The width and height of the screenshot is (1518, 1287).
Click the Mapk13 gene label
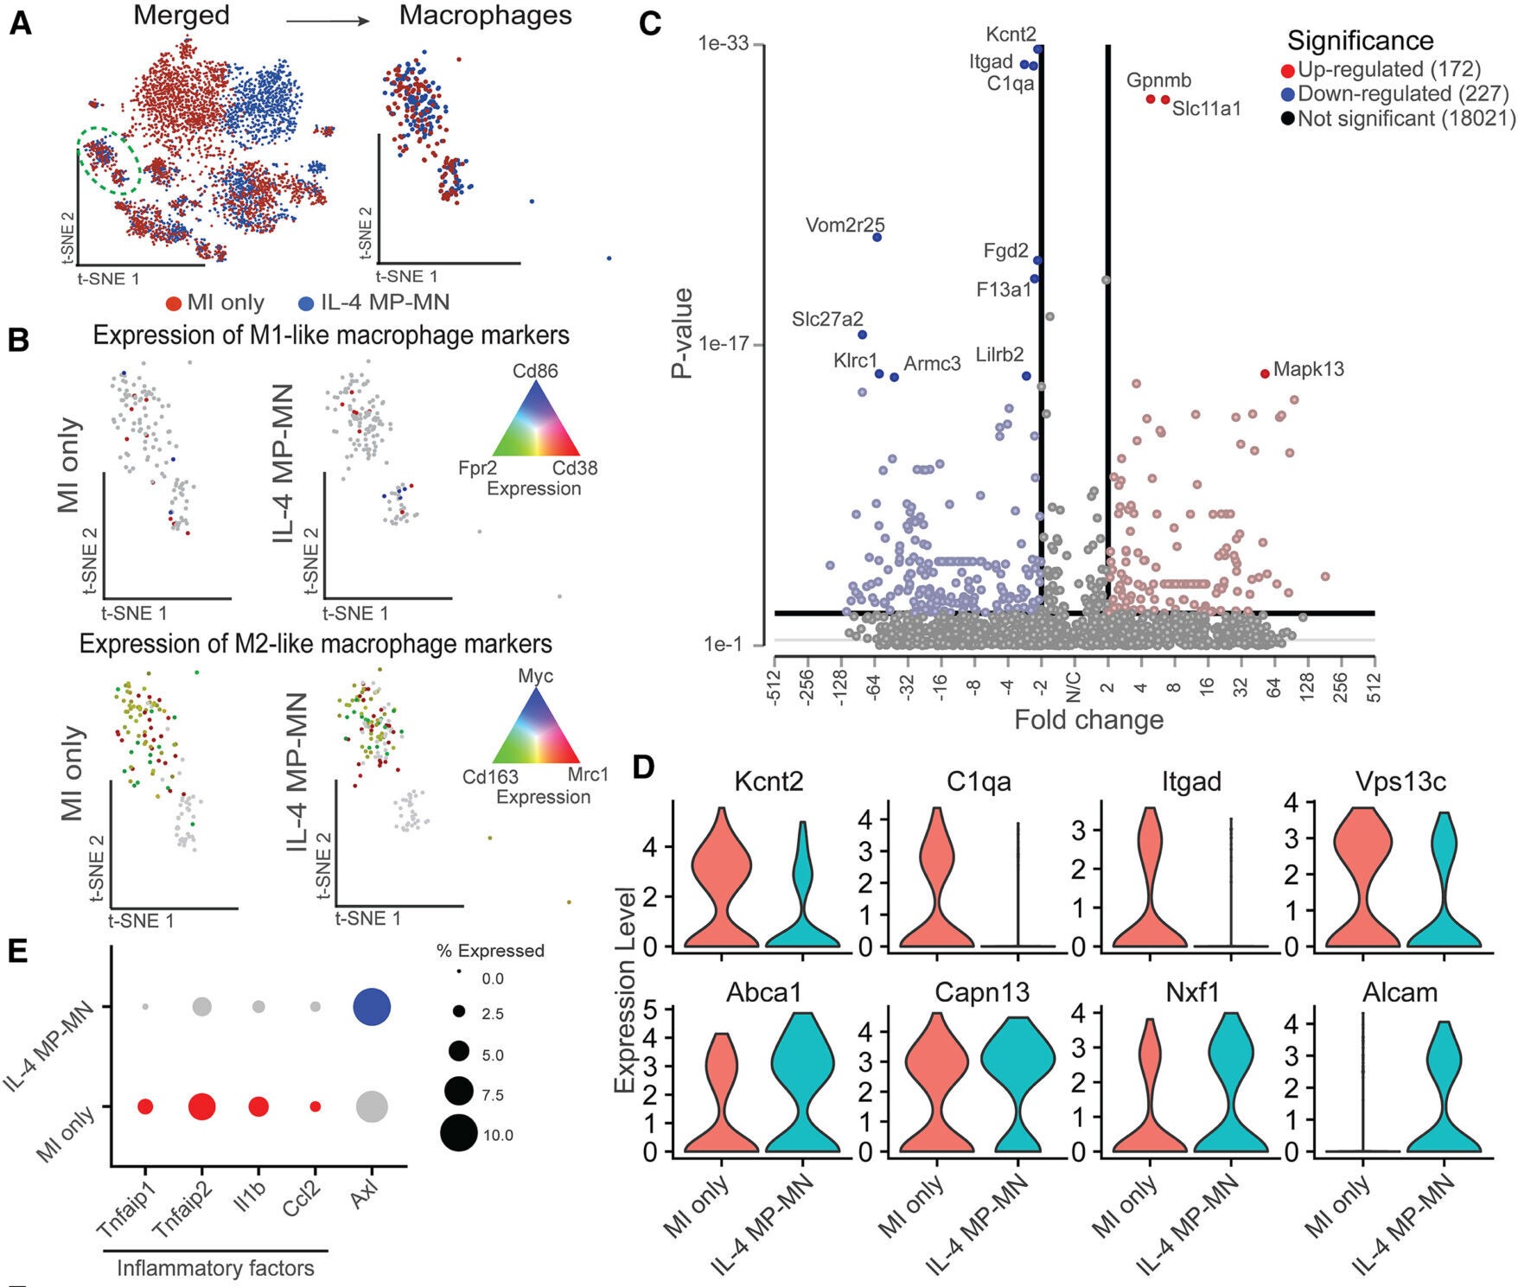point(1309,369)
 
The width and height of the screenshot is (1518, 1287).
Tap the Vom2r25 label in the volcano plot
point(845,226)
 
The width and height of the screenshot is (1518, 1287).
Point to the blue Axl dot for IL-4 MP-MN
point(372,1007)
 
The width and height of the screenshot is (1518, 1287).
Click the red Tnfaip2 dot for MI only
point(202,1106)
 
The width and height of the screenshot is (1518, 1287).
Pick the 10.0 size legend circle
point(458,1134)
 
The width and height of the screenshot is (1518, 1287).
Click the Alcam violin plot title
point(1400,992)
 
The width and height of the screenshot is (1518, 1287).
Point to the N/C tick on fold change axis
point(1074,687)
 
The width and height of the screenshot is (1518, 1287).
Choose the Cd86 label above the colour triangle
point(535,371)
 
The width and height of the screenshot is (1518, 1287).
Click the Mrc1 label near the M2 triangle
point(588,774)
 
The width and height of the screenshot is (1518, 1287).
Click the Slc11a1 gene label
point(1207,109)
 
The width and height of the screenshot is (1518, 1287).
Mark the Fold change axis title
point(1088,719)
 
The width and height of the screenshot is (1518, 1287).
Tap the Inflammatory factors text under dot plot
point(215,1268)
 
